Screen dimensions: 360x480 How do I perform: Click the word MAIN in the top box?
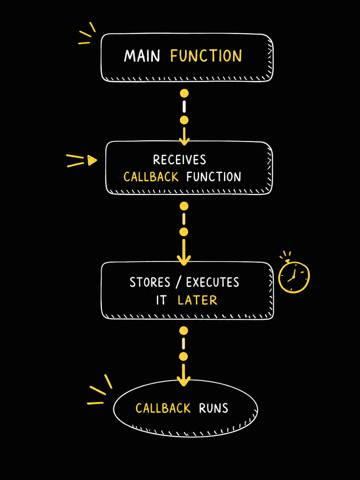point(142,56)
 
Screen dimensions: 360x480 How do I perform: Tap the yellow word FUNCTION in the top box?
point(206,56)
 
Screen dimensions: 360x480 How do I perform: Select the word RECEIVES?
point(179,160)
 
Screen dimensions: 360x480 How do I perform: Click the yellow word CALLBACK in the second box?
point(151,177)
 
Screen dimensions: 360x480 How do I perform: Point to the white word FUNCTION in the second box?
point(214,177)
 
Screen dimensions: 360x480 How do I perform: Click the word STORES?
point(150,282)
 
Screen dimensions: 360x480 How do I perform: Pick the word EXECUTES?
point(212,282)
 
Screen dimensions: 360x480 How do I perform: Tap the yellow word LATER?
point(197,300)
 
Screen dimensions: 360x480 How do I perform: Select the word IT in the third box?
point(161,300)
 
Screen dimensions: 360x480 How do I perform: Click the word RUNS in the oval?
point(213,408)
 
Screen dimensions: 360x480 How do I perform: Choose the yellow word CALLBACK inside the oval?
point(163,408)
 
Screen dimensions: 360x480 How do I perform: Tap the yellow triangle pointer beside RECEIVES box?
point(92,160)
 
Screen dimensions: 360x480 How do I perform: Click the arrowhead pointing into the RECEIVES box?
point(184,142)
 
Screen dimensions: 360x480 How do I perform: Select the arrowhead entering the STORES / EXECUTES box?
point(184,260)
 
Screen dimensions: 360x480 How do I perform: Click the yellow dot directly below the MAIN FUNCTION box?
point(184,93)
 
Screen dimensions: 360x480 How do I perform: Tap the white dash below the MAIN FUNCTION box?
point(184,107)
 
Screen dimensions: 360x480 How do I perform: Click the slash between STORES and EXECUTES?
point(178,282)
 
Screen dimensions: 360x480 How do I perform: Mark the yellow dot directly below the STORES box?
point(184,331)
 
